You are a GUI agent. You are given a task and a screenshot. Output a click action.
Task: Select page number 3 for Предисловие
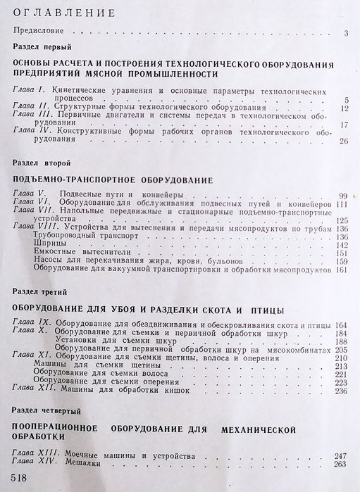click(x=347, y=33)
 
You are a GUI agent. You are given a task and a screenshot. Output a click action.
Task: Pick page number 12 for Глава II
click(x=344, y=108)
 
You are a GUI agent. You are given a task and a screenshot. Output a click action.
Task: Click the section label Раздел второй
click(x=40, y=164)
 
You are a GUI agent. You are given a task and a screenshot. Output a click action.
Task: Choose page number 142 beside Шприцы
click(x=342, y=244)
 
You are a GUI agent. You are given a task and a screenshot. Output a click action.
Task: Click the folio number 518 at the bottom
click(x=15, y=478)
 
